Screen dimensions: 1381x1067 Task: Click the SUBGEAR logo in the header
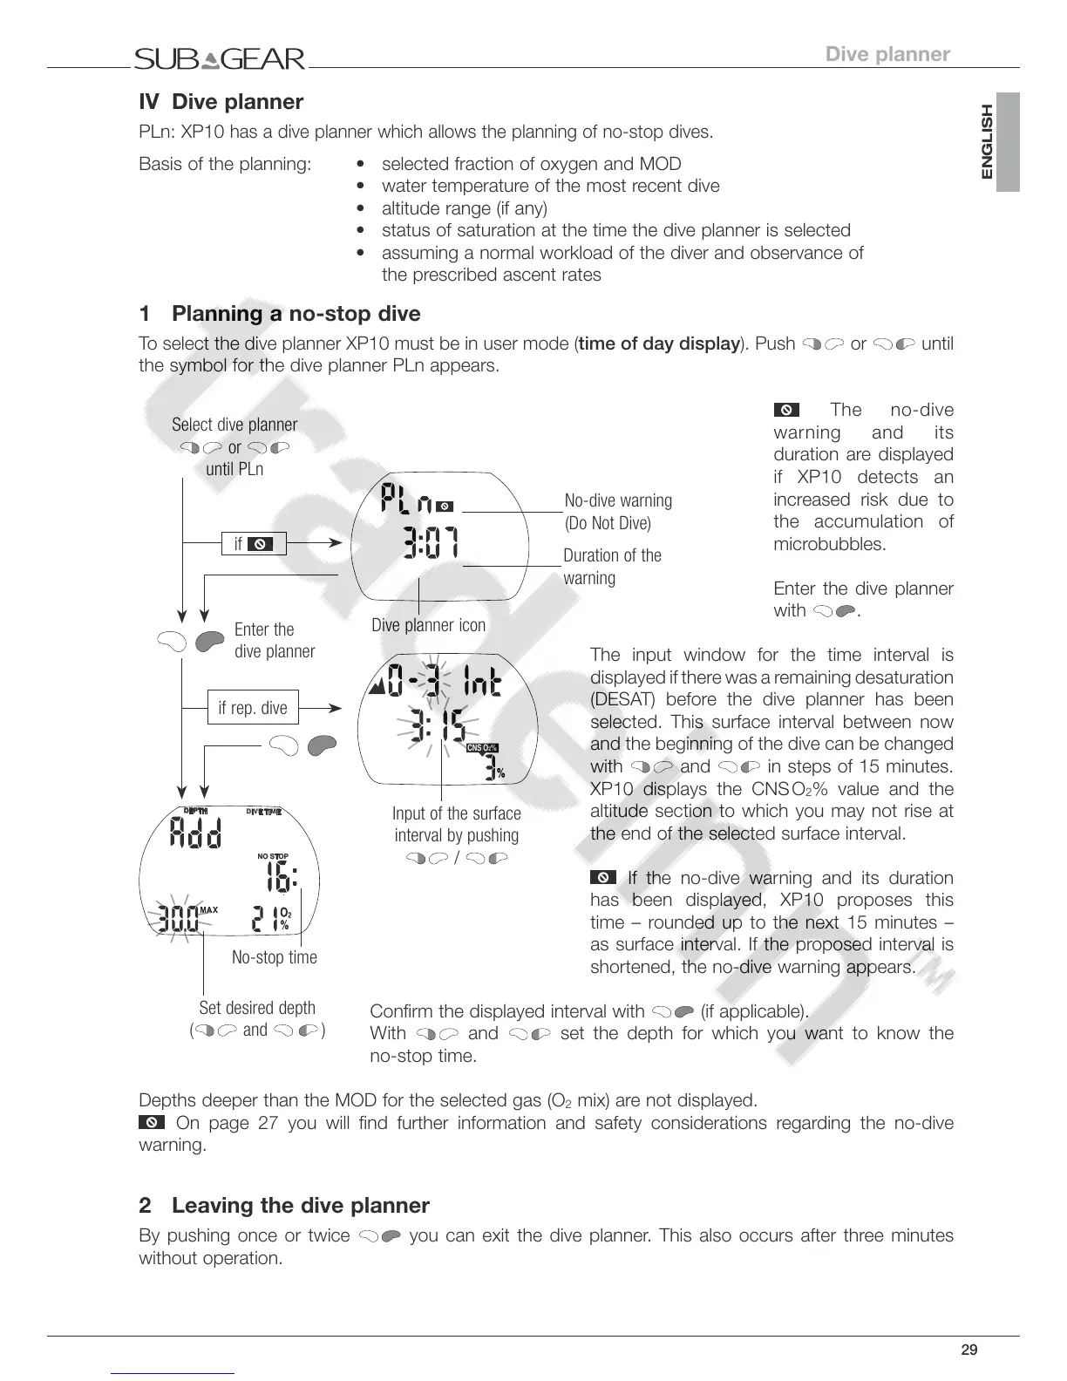pyautogui.click(x=220, y=59)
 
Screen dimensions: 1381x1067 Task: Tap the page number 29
pyautogui.click(x=968, y=1350)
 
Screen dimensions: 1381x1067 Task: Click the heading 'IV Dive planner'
pyautogui.click(x=221, y=102)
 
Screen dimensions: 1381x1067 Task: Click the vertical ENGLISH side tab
pyautogui.click(x=987, y=142)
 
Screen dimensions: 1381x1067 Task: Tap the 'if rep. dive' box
pyautogui.click(x=252, y=708)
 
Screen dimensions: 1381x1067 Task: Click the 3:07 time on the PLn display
pyautogui.click(x=432, y=542)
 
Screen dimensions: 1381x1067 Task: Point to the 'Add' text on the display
pyautogui.click(x=195, y=834)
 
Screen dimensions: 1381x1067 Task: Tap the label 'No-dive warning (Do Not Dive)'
pyautogui.click(x=618, y=512)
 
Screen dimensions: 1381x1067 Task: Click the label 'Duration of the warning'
pyautogui.click(x=612, y=567)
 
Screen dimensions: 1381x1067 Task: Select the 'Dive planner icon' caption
pyautogui.click(x=428, y=625)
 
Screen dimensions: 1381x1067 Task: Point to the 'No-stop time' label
pyautogui.click(x=275, y=957)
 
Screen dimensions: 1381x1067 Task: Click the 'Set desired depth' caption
pyautogui.click(x=257, y=1008)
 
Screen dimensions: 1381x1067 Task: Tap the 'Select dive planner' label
pyautogui.click(x=234, y=425)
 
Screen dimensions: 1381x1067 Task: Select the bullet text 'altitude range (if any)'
pyautogui.click(x=465, y=208)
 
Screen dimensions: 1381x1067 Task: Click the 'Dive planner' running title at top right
pyautogui.click(x=887, y=54)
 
